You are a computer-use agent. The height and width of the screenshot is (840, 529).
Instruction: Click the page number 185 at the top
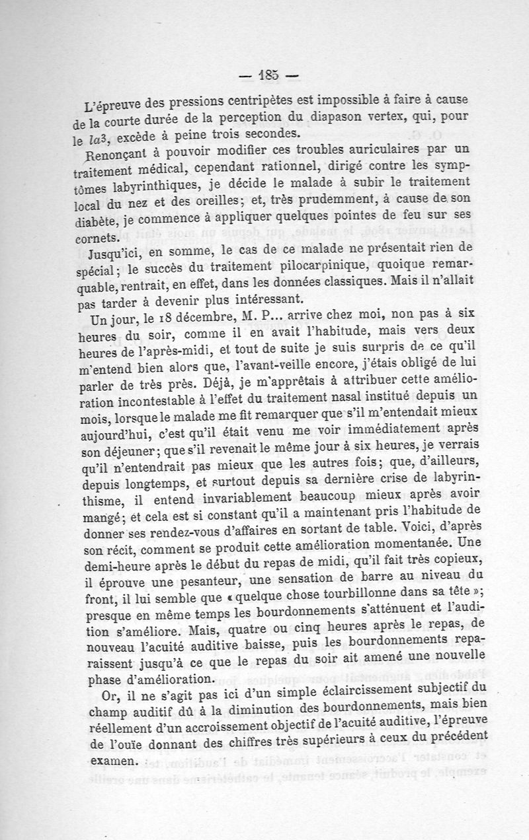click(268, 74)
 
